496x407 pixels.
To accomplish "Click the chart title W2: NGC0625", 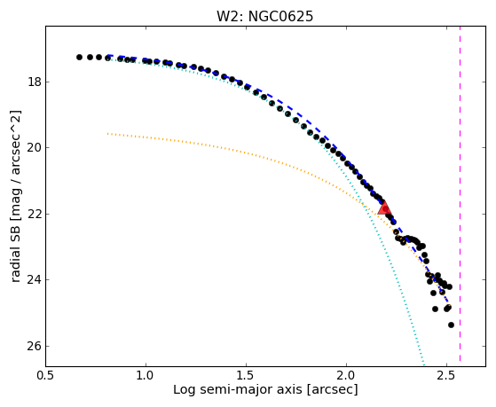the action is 264,17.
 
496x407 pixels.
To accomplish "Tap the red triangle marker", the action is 384,207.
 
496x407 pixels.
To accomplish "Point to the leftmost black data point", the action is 79,58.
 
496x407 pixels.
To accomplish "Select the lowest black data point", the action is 451,325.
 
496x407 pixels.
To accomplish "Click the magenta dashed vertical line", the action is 460,194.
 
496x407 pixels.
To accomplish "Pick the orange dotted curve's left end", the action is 107,134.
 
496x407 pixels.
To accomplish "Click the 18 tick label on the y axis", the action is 35,82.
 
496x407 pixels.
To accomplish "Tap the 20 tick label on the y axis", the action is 35,148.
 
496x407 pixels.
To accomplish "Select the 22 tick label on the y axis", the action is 35,214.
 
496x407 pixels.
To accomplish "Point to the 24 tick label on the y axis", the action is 35,280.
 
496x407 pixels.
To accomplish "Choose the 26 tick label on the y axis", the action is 35,347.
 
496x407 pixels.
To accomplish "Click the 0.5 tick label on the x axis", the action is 46,376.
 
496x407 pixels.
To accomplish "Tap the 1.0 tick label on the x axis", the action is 146,376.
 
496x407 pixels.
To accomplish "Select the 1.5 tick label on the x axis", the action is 246,376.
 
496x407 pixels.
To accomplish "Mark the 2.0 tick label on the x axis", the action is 346,376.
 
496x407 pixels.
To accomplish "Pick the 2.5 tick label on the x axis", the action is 446,376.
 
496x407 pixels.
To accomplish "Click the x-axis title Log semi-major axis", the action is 238,389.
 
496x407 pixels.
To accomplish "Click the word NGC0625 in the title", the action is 281,17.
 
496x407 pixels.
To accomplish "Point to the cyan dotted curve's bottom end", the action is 424,365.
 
